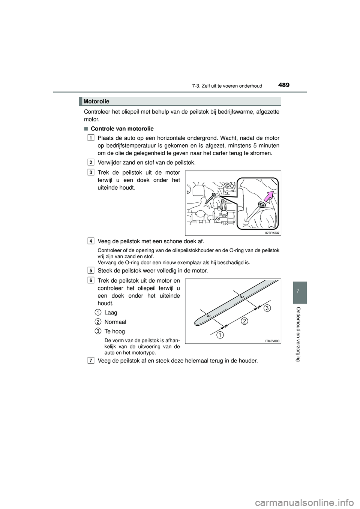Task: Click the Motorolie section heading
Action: point(97,101)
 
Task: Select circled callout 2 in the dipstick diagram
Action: point(244,321)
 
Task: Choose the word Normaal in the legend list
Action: point(115,322)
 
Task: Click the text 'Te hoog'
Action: point(114,332)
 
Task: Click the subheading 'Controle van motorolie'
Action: point(122,129)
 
